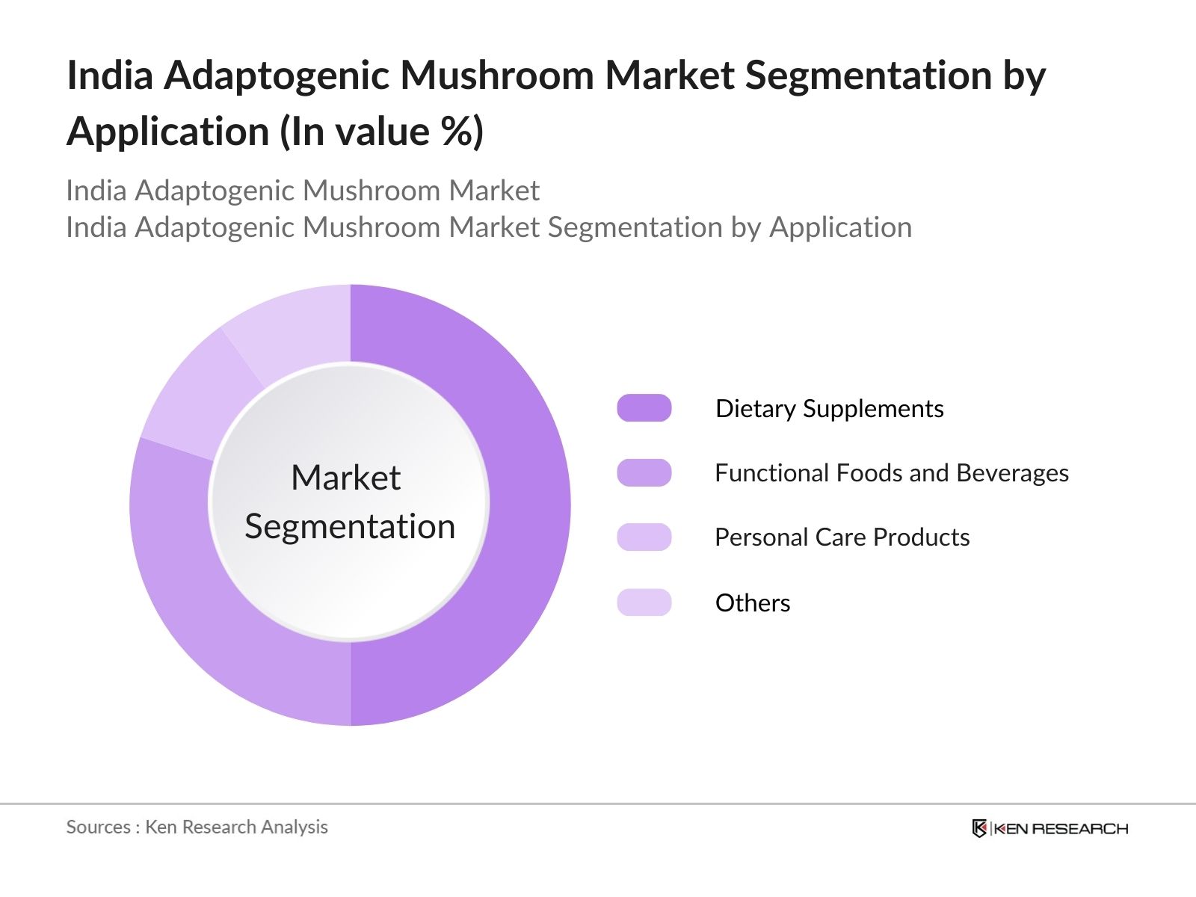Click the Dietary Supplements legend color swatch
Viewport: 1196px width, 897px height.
click(644, 408)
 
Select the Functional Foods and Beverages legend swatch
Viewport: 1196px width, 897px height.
click(644, 472)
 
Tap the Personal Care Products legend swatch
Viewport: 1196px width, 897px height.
click(644, 537)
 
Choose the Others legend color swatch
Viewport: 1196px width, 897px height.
click(644, 602)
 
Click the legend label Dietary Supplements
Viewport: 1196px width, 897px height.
click(829, 408)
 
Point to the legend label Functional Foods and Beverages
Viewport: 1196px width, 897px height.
click(891, 472)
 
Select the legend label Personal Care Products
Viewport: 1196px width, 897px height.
click(842, 537)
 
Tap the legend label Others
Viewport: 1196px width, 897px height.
click(752, 602)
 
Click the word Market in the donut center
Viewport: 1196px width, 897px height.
click(345, 478)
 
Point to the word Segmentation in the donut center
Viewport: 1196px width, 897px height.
click(350, 526)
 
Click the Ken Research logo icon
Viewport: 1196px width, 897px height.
click(979, 828)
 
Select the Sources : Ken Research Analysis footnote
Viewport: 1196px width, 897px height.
click(197, 827)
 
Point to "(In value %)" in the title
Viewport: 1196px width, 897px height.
click(381, 132)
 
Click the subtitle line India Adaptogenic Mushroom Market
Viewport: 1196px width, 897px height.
click(302, 191)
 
